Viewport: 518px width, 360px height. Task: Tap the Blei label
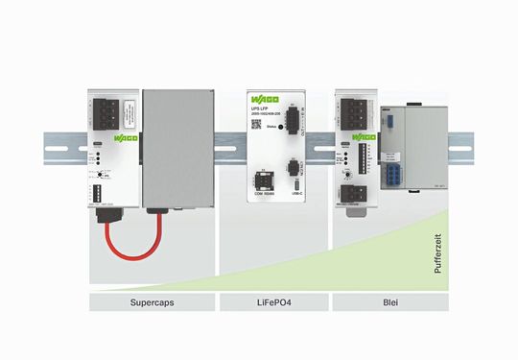coord(389,303)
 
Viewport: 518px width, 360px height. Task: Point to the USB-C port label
coord(298,202)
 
